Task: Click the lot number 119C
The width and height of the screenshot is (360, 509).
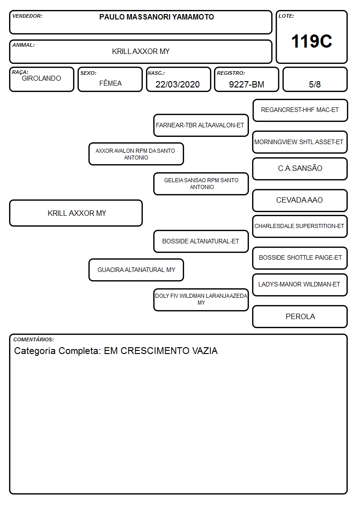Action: click(311, 41)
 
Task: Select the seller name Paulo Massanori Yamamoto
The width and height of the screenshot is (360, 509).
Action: click(156, 17)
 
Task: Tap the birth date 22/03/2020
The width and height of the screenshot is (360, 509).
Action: click(178, 84)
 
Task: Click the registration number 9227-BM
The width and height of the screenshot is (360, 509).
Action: click(246, 84)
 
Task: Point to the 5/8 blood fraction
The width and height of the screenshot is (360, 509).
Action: click(315, 84)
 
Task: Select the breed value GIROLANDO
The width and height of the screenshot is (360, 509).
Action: click(41, 78)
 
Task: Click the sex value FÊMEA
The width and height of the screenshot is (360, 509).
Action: click(110, 83)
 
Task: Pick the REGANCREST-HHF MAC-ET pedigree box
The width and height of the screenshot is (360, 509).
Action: click(300, 111)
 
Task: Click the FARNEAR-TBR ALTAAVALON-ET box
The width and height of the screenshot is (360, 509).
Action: click(201, 125)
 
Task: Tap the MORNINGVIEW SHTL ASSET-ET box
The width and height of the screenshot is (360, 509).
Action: click(300, 142)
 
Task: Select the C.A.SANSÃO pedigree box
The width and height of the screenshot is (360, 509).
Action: click(300, 169)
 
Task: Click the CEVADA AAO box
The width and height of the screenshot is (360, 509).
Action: click(300, 201)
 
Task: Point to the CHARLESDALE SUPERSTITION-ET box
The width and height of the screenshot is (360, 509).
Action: click(300, 227)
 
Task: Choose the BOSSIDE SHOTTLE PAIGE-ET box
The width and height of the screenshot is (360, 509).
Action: click(300, 258)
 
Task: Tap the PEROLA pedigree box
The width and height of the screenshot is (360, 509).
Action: click(300, 316)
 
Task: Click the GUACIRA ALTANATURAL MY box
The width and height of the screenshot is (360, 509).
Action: click(136, 270)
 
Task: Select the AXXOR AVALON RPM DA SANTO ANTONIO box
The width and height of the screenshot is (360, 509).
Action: click(136, 154)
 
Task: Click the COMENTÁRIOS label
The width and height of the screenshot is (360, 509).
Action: click(34, 339)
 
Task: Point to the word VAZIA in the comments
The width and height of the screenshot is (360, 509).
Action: click(205, 351)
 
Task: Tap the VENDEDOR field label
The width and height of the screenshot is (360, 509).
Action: click(27, 16)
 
